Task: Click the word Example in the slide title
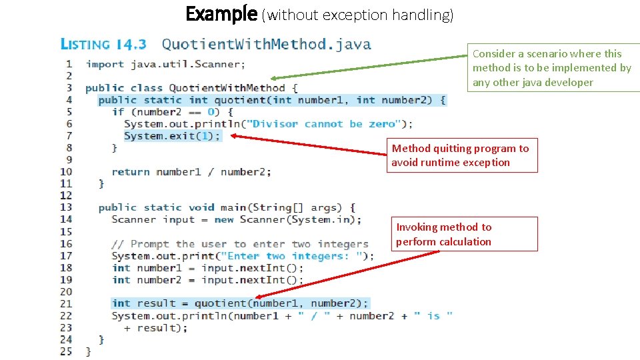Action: (x=221, y=13)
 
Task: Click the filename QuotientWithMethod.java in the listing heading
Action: (x=266, y=45)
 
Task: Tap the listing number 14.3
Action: (x=131, y=45)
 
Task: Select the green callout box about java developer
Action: (x=552, y=68)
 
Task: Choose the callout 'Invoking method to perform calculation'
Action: (x=465, y=234)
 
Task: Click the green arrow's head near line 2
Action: (x=275, y=78)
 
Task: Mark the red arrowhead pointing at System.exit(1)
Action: (x=235, y=137)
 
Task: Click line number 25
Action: (x=66, y=351)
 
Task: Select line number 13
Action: (x=66, y=207)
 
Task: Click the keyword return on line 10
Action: (x=131, y=172)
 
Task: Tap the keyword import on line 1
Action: (x=105, y=65)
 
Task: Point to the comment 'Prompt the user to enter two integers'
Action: (x=240, y=244)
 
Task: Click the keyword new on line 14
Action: (x=224, y=219)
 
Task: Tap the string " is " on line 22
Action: (x=433, y=316)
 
